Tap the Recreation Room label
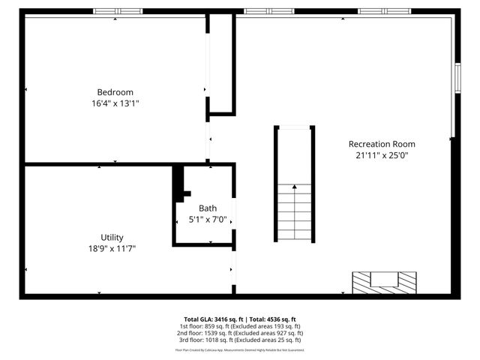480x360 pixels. pos(382,144)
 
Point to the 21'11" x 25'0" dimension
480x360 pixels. pos(382,156)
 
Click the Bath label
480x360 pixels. pos(208,208)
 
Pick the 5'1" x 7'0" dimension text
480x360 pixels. pos(208,220)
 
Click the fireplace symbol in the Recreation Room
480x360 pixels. pos(385,282)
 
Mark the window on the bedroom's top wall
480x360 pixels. pos(118,11)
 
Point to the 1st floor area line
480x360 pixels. pos(240,326)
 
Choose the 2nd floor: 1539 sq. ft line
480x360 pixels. pos(240,334)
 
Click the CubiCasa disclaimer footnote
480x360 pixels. pos(240,349)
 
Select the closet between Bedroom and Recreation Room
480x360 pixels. pos(222,64)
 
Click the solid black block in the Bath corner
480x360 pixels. pos(179,182)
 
